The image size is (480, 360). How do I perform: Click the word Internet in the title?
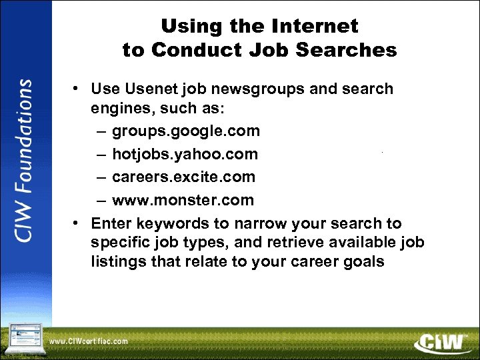pos(316,27)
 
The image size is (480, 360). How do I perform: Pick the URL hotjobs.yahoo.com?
pos(185,155)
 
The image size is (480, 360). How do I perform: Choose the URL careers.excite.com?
pos(183,177)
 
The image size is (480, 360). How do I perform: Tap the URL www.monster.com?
pos(183,200)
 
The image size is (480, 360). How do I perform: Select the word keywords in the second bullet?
pos(167,223)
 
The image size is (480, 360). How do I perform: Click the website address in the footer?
pos(88,341)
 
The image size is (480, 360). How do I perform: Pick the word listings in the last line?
pos(119,261)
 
